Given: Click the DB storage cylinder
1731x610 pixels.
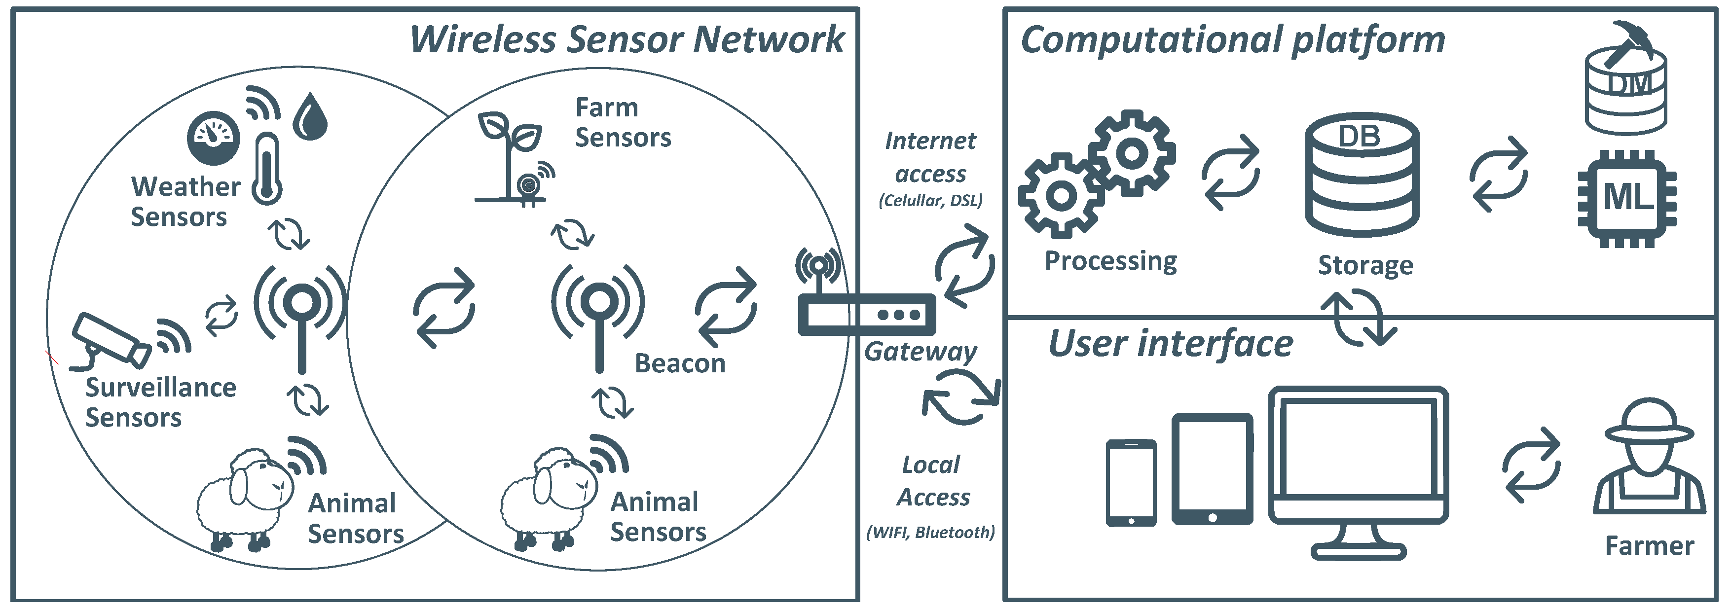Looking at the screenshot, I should click(1362, 175).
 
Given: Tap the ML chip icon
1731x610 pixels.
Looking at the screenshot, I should click(1626, 198).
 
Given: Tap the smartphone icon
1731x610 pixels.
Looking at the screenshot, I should click(1131, 482).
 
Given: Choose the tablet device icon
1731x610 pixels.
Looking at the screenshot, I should click(1212, 469).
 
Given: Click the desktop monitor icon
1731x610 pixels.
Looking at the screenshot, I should click(1358, 470).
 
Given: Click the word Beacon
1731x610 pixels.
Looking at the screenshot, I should click(680, 363).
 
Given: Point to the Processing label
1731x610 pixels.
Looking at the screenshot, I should click(1110, 261).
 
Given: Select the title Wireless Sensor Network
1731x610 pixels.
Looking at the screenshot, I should click(626, 39).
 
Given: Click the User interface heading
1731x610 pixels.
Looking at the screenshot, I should click(1171, 344).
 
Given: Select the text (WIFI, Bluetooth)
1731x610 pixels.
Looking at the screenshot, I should click(931, 532).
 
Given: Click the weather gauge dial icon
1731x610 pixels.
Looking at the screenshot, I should click(214, 138).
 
